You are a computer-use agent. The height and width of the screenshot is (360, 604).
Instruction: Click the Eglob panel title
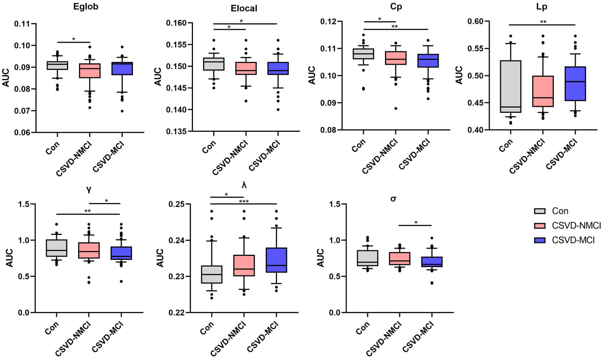[86, 7]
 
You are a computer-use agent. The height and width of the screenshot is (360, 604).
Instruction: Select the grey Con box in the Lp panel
[510, 86]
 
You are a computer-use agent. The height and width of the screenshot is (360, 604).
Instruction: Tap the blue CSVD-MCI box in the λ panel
[276, 260]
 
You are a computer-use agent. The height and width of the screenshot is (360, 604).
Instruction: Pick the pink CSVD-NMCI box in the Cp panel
[396, 58]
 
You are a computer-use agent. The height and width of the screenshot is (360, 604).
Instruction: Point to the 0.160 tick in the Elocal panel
[176, 23]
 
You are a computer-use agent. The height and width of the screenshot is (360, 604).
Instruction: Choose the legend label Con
[560, 211]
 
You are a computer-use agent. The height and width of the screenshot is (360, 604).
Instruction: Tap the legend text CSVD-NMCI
[576, 226]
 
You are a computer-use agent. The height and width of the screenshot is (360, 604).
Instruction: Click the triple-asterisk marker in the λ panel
[244, 202]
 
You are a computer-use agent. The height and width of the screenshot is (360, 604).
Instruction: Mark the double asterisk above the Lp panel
[543, 22]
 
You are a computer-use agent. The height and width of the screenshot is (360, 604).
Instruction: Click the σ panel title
[393, 199]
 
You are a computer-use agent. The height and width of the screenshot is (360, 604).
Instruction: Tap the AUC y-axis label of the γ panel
[9, 258]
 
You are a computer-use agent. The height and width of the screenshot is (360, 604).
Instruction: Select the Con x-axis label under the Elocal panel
[209, 146]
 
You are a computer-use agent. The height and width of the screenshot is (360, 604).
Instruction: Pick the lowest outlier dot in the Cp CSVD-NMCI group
[396, 108]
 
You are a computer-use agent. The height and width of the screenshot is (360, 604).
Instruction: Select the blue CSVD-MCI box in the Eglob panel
[122, 69]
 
